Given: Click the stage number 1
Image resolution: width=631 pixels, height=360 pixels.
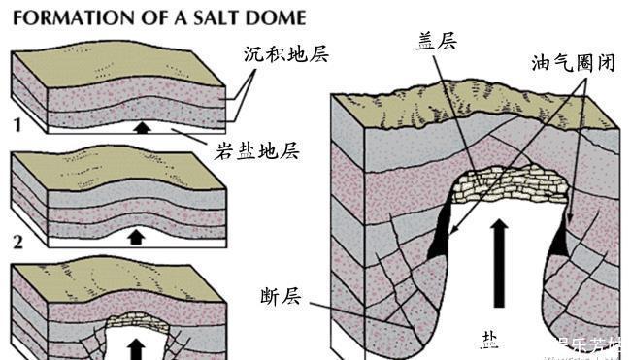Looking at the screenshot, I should (x=17, y=124).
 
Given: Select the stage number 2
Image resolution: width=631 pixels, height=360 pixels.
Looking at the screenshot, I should (x=17, y=237).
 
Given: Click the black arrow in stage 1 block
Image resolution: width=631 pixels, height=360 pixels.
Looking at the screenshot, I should (x=143, y=126).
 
